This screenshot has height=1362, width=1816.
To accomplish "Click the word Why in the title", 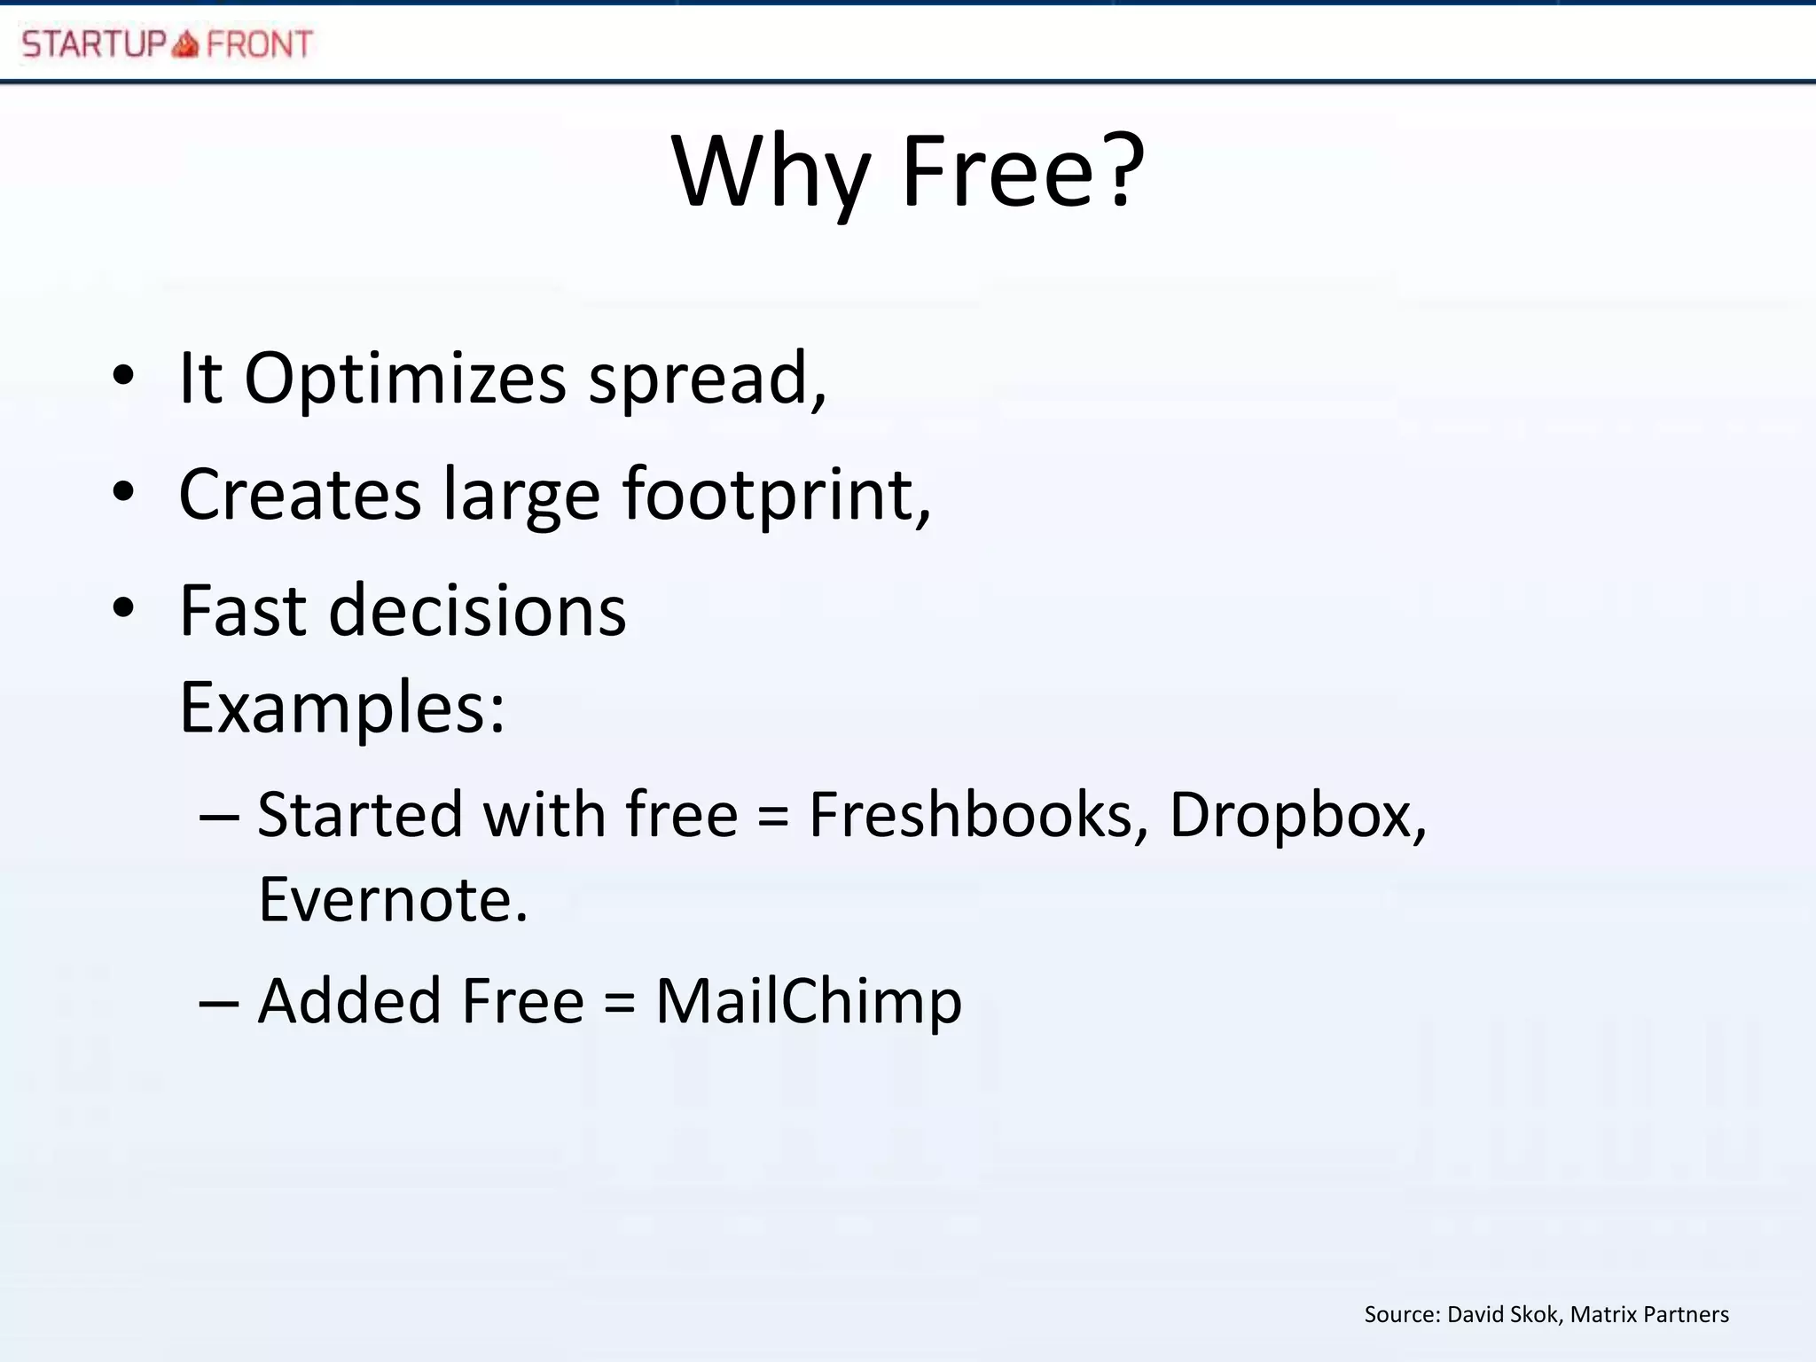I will pos(771,173).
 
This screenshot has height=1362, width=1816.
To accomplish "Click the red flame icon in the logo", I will pos(185,43).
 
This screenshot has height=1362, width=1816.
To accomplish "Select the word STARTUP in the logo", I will pos(94,43).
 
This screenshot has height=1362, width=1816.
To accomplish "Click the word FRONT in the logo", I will pos(259,43).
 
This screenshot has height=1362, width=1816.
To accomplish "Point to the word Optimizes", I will pos(404,380).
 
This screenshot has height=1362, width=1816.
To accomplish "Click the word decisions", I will pos(477,611).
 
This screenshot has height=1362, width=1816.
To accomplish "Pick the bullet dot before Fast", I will pos(123,609).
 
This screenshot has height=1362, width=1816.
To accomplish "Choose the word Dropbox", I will pos(1291,816).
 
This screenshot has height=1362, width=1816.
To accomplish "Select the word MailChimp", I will pos(808,1002).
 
